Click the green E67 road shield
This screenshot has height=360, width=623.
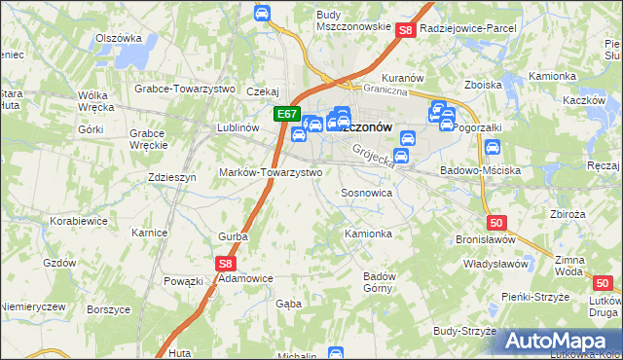click(x=286, y=114)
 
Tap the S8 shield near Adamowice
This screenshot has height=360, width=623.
click(x=225, y=263)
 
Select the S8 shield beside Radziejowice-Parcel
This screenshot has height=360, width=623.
click(x=407, y=31)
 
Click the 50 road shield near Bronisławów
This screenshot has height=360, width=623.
click(x=496, y=222)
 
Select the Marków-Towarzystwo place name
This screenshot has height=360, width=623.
click(x=277, y=171)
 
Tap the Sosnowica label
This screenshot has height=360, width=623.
click(x=366, y=193)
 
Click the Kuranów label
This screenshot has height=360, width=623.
click(x=401, y=77)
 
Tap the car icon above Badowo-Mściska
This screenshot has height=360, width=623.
click(x=493, y=148)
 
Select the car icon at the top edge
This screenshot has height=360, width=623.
click(x=262, y=13)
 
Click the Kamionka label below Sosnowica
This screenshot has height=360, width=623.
click(x=369, y=234)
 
